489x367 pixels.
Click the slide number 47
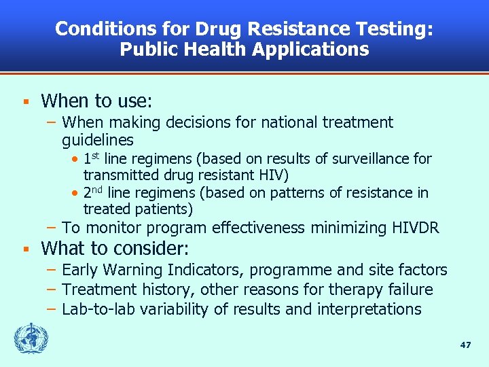465,345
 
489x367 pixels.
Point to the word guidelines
98,141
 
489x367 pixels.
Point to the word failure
408,290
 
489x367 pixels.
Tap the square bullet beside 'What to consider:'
24,248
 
